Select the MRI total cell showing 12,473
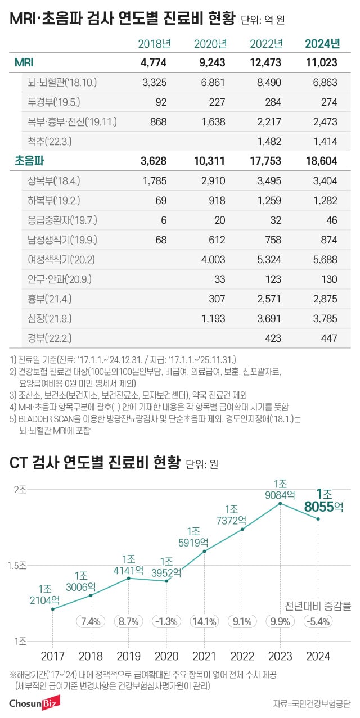click(x=265, y=63)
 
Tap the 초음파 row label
click(x=30, y=161)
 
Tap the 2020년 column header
click(x=210, y=43)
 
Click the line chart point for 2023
click(x=280, y=503)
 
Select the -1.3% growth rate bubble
click(x=166, y=621)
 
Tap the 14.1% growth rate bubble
click(x=204, y=621)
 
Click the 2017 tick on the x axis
click(x=52, y=656)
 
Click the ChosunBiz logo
click(x=35, y=703)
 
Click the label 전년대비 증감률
click(x=318, y=606)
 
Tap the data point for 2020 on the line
click(x=166, y=581)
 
